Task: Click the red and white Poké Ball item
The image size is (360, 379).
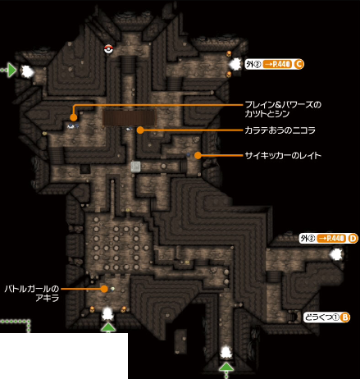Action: pyautogui.click(x=108, y=49)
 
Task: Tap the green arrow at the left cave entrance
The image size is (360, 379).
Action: pyautogui.click(x=11, y=71)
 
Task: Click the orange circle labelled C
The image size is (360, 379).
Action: pyautogui.click(x=298, y=64)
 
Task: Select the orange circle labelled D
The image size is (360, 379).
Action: pyautogui.click(x=353, y=239)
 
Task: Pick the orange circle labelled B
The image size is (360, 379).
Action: pyautogui.click(x=345, y=317)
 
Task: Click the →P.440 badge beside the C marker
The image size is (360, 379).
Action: pyautogui.click(x=277, y=64)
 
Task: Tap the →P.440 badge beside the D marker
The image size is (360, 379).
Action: pyautogui.click(x=331, y=239)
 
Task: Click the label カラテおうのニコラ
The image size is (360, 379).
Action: pyautogui.click(x=280, y=130)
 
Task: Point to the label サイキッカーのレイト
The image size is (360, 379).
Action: pyautogui.click(x=283, y=156)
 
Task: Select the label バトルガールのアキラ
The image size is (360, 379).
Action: pyautogui.click(x=32, y=294)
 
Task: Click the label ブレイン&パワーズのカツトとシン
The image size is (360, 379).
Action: pyautogui.click(x=283, y=109)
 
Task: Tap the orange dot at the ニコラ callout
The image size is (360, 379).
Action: pyautogui.click(x=140, y=130)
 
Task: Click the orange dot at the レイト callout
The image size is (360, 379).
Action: pyautogui.click(x=198, y=156)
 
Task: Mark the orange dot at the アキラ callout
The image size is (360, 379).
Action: pyautogui.click(x=104, y=289)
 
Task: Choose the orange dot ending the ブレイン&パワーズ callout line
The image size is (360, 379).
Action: pyautogui.click(x=73, y=117)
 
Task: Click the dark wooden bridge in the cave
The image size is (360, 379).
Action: pyautogui.click(x=129, y=117)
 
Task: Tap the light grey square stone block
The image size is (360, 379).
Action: pyautogui.click(x=135, y=167)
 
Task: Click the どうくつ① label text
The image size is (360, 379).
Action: pyautogui.click(x=322, y=317)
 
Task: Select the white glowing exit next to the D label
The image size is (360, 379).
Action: pyautogui.click(x=336, y=254)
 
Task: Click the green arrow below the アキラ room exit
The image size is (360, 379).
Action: pyautogui.click(x=108, y=327)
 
